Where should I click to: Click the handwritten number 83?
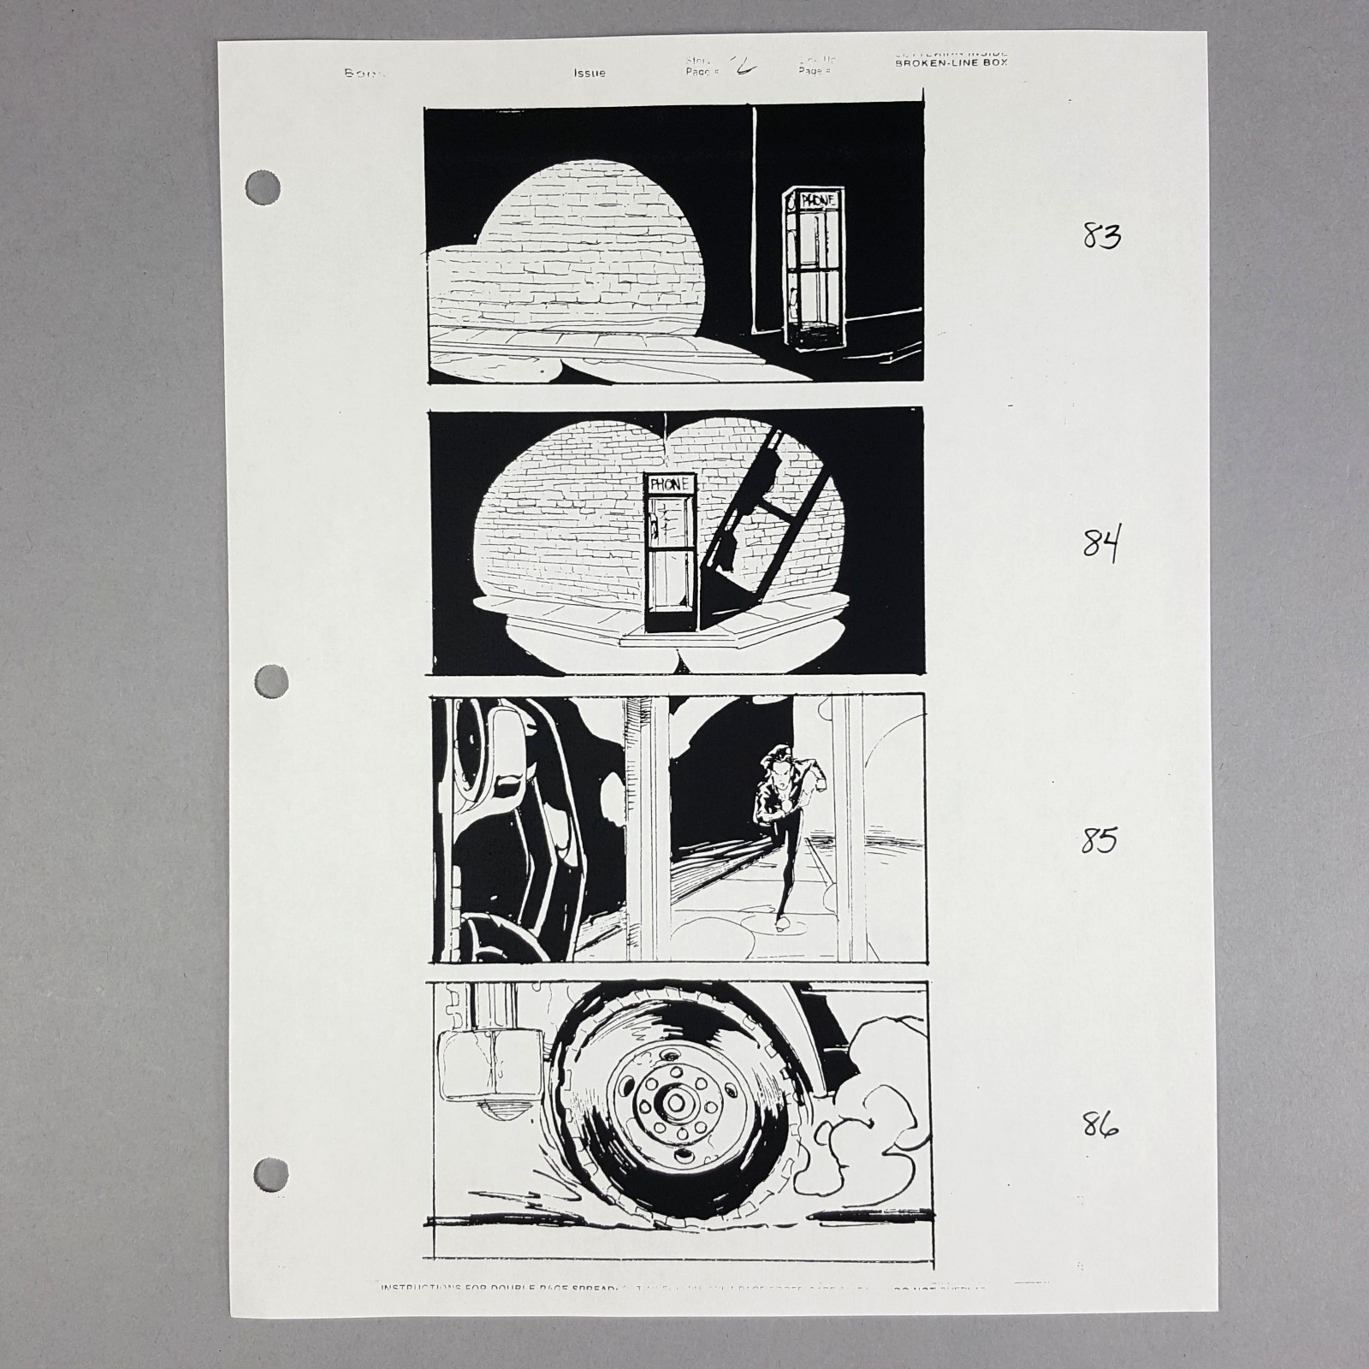(x=1101, y=234)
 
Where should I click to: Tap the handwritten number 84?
(x=1101, y=542)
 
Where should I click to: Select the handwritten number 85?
(x=1099, y=840)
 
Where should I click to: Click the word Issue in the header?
(x=590, y=73)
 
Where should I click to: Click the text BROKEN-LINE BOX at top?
(x=951, y=62)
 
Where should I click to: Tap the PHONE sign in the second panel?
(x=670, y=483)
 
